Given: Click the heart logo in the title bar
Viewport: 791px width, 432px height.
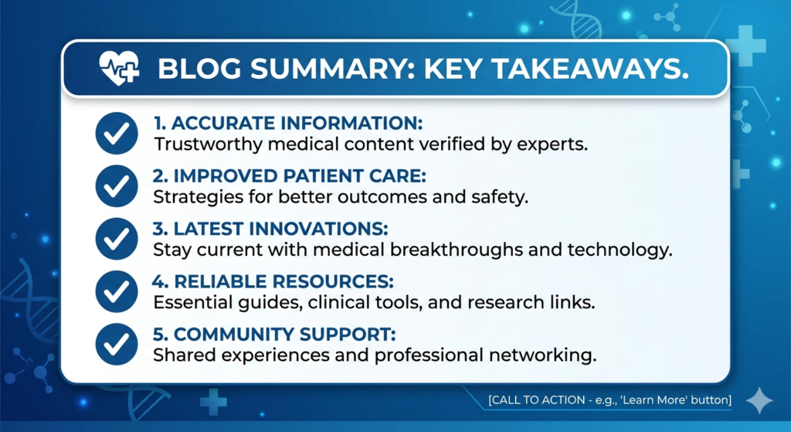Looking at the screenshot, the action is (x=119, y=68).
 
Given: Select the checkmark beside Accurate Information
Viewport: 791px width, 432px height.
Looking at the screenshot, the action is (x=117, y=133).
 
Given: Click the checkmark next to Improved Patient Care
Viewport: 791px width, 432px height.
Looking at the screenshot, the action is (x=117, y=186).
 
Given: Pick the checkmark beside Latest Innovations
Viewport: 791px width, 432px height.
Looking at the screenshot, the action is (x=117, y=239).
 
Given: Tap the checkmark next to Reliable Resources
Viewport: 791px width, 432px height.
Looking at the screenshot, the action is (x=117, y=291).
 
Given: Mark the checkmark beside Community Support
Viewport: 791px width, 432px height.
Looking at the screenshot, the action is (x=117, y=344).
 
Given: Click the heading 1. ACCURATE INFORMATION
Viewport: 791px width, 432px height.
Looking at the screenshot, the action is (x=288, y=123).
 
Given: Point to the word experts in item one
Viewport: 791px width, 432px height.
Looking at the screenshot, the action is (x=552, y=145).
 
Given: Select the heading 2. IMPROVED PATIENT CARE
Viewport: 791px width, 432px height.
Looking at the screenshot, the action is (x=290, y=176).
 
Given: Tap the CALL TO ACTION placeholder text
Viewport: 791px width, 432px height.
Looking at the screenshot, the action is (x=610, y=400).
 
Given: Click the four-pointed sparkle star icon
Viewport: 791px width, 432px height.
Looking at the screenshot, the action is (x=759, y=401).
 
